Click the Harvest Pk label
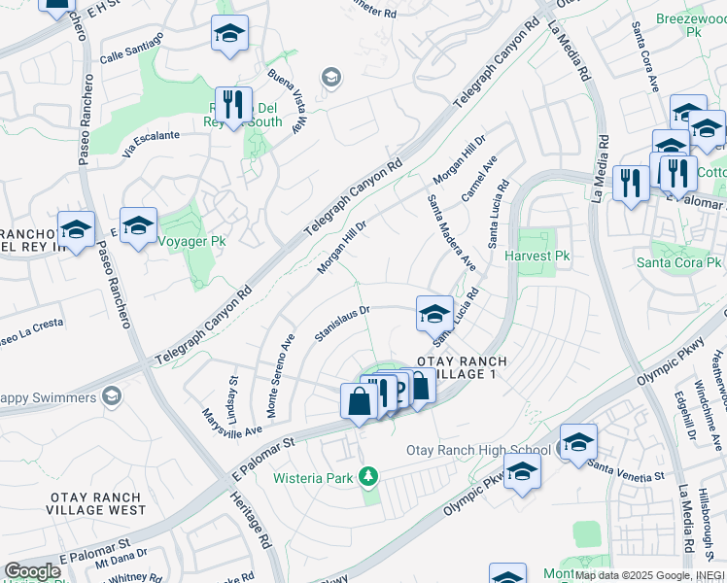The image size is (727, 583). (x=536, y=256)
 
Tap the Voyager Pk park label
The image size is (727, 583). (x=190, y=240)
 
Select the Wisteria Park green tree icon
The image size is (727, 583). (x=367, y=475)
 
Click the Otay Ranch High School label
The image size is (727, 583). (x=477, y=450)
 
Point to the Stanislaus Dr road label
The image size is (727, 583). (x=343, y=325)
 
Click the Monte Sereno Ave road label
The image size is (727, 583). (x=274, y=376)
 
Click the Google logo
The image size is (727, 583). (x=32, y=570)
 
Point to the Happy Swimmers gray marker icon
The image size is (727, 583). (x=112, y=396)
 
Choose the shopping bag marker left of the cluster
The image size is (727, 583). (x=359, y=401)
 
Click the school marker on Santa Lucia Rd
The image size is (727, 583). (x=434, y=313)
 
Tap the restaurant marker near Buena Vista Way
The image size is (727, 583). (x=233, y=104)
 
